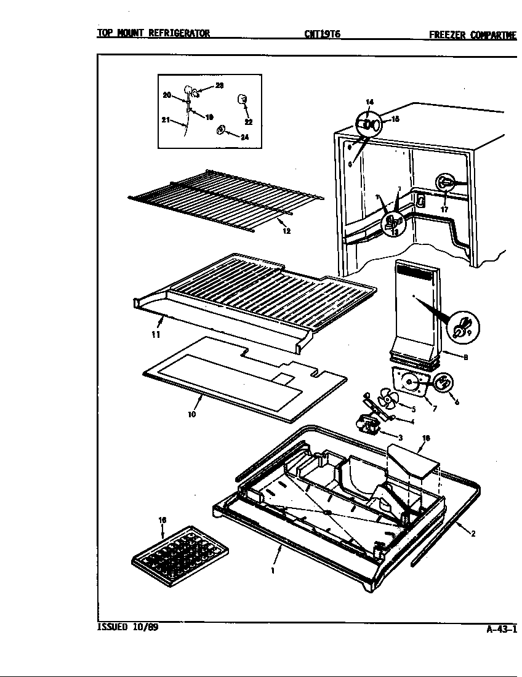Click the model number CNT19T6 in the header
coord(322,34)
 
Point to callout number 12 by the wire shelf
coord(286,231)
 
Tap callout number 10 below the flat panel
coord(192,414)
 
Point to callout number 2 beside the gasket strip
coord(473,534)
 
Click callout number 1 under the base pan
coord(273,571)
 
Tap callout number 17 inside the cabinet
coord(444,209)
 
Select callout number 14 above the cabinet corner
coord(369,102)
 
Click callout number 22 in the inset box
coord(248,122)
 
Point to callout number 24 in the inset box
coord(244,137)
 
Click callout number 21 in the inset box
coord(166,121)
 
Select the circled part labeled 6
coord(443,383)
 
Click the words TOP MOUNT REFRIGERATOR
coord(153,34)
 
